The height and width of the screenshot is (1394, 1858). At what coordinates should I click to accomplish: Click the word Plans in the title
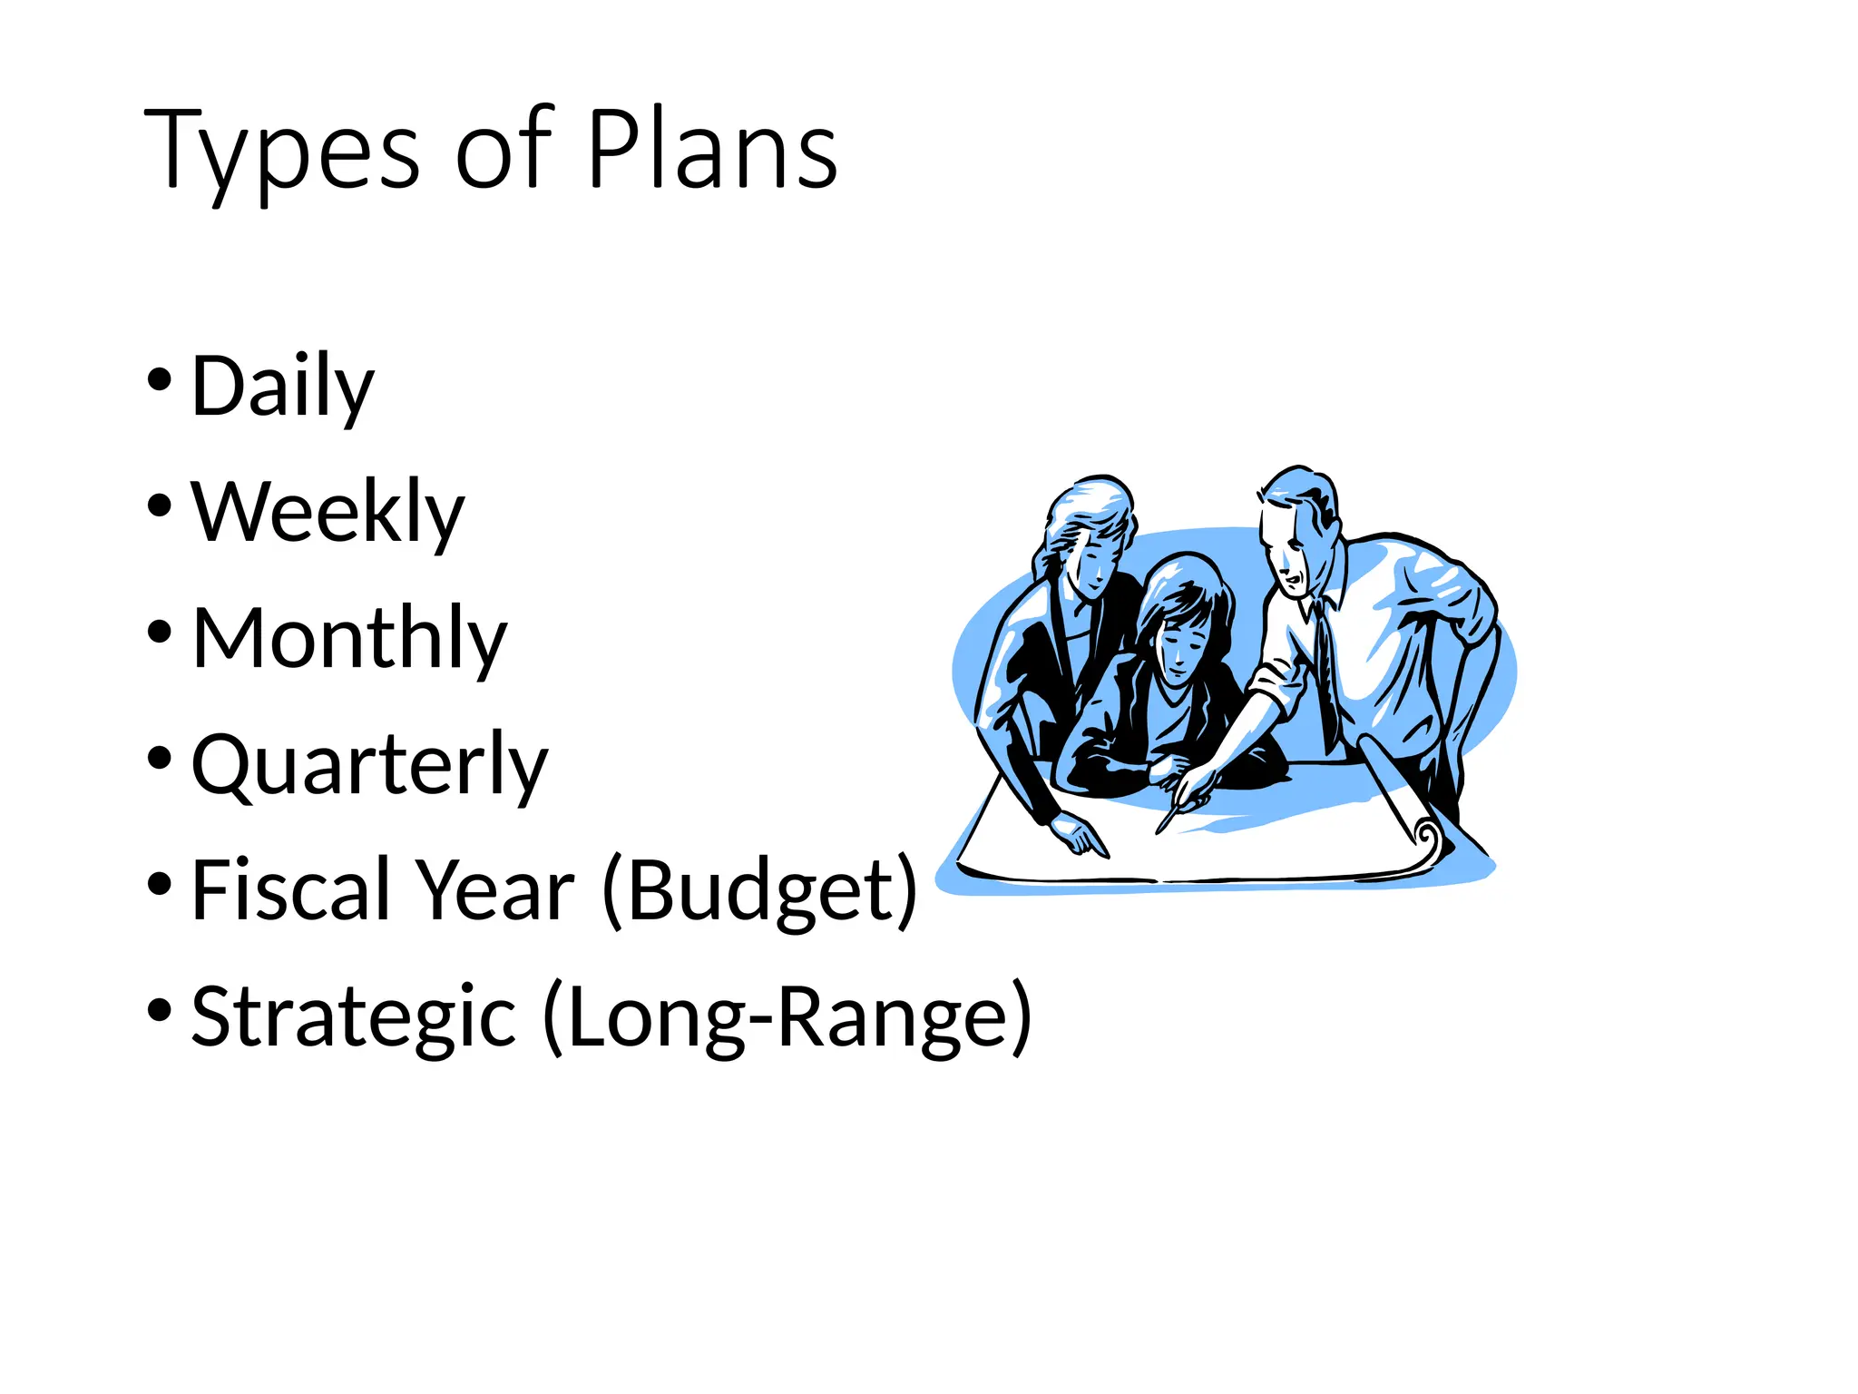point(712,151)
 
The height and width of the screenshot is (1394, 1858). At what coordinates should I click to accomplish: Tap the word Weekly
point(328,514)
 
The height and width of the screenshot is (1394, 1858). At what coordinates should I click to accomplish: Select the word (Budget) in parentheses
point(760,891)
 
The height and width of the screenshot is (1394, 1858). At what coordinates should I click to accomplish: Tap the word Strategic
point(354,1017)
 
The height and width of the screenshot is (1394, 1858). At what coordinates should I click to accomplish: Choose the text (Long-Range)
point(787,1017)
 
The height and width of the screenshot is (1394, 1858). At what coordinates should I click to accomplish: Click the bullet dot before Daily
point(159,379)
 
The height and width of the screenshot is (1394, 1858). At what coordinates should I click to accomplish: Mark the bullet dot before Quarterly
point(159,758)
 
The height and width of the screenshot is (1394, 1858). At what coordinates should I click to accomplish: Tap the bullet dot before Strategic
point(159,1008)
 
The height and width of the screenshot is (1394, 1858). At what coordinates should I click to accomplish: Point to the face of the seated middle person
point(1179,644)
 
